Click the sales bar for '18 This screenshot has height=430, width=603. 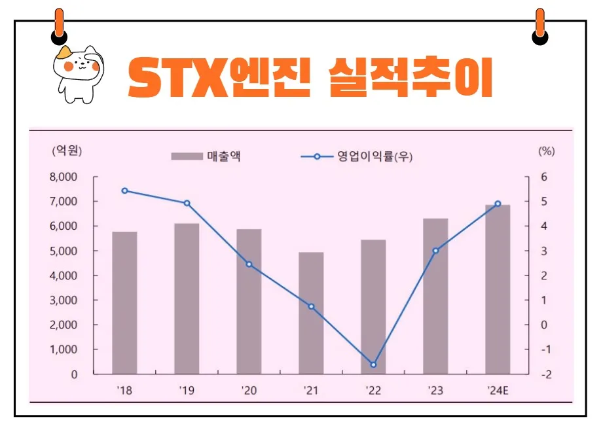click(x=124, y=302)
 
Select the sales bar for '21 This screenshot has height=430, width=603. click(x=311, y=313)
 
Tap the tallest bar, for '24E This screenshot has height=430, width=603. click(x=498, y=289)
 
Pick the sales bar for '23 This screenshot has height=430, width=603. click(x=435, y=296)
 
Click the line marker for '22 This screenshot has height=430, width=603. click(x=373, y=365)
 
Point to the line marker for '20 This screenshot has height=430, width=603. click(x=249, y=264)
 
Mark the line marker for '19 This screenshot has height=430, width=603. click(x=187, y=203)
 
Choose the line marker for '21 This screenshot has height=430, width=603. click(x=311, y=306)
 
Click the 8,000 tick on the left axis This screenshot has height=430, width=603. click(x=64, y=177)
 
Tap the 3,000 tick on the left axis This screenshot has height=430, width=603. click(x=64, y=300)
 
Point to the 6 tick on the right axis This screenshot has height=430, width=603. click(x=543, y=177)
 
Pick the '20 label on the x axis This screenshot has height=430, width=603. click(x=249, y=391)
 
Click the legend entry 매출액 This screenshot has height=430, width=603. click(x=223, y=156)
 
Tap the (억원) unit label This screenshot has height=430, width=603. click(x=67, y=151)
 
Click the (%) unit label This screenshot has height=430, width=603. click(x=546, y=151)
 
